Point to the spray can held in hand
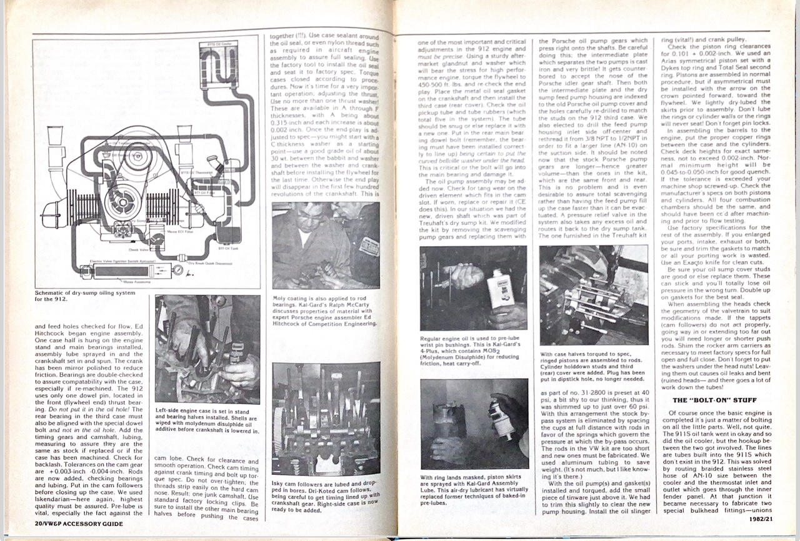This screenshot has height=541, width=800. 501,416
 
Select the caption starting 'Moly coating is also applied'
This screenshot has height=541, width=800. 325,310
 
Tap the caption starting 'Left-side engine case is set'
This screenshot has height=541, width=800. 207,421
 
